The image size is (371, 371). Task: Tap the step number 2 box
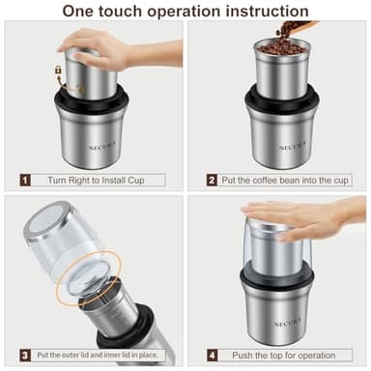[211, 179]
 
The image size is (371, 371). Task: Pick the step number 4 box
[211, 356]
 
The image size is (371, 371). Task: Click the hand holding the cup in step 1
[145, 48]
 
